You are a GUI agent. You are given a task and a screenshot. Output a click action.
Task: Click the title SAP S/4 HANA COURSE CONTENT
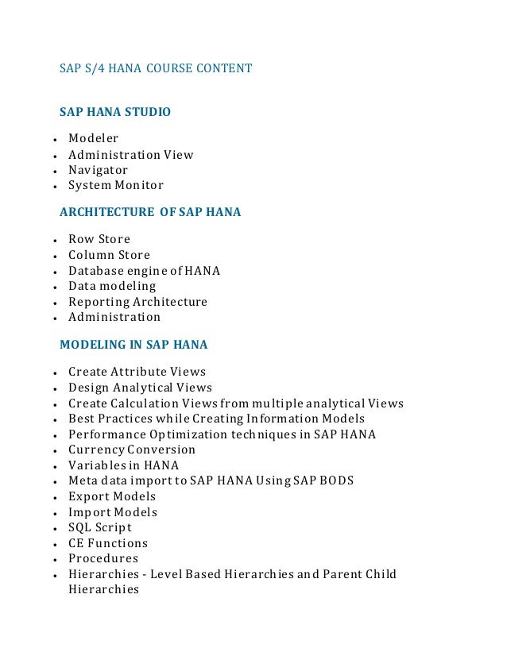tap(156, 68)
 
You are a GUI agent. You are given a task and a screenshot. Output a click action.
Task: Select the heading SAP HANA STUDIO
tap(115, 112)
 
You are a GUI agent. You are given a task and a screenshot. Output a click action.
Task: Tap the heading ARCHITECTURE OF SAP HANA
tap(150, 212)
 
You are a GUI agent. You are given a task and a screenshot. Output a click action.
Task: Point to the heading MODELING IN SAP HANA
tap(134, 345)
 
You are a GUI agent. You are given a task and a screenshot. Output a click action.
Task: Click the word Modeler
tap(93, 139)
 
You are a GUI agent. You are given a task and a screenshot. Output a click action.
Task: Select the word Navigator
tap(98, 170)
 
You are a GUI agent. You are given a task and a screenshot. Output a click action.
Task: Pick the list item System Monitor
tap(115, 185)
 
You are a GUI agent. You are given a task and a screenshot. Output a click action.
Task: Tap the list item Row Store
tap(99, 239)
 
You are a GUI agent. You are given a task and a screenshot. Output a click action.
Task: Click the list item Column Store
tap(109, 255)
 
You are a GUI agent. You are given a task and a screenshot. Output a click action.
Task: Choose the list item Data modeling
tap(112, 286)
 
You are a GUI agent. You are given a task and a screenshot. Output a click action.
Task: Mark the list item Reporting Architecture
tap(137, 302)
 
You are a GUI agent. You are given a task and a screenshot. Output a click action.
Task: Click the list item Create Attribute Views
tap(137, 372)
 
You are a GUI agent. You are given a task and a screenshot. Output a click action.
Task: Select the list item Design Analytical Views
tap(140, 388)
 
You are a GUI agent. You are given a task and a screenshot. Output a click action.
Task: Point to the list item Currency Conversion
tap(131, 450)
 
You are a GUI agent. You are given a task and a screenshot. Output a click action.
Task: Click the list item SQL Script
tap(100, 527)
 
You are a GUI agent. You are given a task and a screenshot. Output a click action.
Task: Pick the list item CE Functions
tap(108, 543)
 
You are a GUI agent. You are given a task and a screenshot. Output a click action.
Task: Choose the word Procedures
tap(103, 558)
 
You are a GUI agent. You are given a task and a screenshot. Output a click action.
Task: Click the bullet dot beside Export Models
tap(52, 498)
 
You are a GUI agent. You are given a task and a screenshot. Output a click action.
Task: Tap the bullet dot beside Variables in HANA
tap(52, 467)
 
